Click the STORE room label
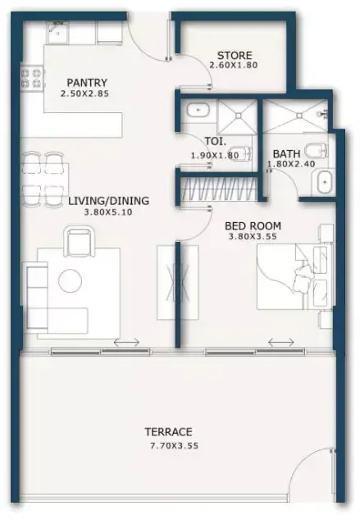(235, 55)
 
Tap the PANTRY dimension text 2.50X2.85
(84, 93)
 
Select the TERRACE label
(168, 432)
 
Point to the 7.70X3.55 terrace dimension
(174, 446)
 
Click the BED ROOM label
(253, 225)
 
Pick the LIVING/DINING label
(108, 201)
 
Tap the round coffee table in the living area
(70, 280)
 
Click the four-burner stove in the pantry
(32, 78)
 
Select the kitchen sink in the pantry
(58, 33)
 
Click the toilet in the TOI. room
(241, 153)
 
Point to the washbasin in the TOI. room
(198, 110)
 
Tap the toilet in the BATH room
(317, 151)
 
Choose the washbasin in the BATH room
(324, 182)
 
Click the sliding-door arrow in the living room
(126, 342)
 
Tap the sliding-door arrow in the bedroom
(280, 342)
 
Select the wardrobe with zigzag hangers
(219, 189)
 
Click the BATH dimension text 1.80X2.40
(291, 164)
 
